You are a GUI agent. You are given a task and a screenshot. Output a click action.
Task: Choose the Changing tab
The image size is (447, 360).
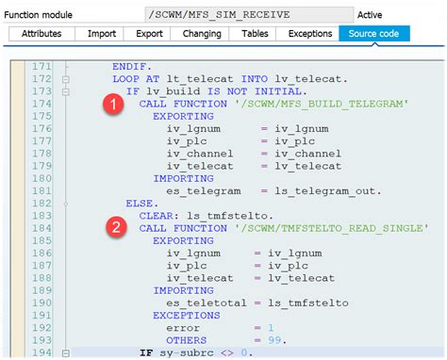[200, 34]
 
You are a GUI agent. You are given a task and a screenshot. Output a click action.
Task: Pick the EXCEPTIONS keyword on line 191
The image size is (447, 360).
[187, 315]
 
